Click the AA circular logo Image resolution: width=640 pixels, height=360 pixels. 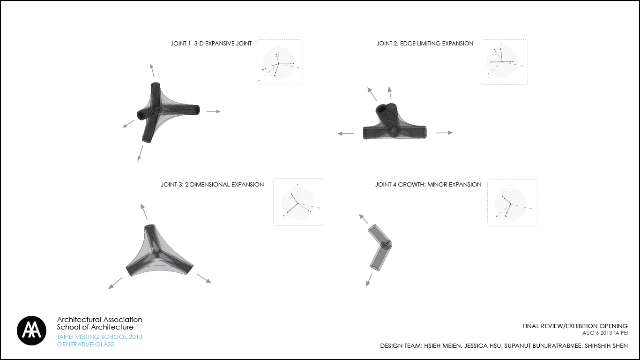pos(31,330)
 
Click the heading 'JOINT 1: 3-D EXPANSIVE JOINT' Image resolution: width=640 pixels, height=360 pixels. pos(211,44)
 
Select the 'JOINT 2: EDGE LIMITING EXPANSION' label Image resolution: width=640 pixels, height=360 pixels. pos(425,44)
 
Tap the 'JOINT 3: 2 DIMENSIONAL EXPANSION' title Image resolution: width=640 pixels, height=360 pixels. pos(212,184)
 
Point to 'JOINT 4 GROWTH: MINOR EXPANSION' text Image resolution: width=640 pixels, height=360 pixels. pos(428,184)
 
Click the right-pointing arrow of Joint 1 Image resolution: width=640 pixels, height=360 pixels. pos(213,111)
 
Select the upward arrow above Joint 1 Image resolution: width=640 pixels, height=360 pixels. pos(152,71)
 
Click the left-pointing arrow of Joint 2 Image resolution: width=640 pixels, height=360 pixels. pos(346,133)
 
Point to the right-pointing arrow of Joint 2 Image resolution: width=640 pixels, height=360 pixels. pos(444,133)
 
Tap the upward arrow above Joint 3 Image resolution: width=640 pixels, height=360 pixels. pos(144,211)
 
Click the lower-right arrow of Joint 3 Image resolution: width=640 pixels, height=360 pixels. pos(204,278)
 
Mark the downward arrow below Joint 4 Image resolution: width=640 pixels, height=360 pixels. pos(369,280)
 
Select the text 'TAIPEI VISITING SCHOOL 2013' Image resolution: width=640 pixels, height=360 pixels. pos(99,337)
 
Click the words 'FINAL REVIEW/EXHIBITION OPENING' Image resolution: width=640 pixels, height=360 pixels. pos(575,326)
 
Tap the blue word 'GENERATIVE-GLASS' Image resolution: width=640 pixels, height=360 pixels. pos(85,345)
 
